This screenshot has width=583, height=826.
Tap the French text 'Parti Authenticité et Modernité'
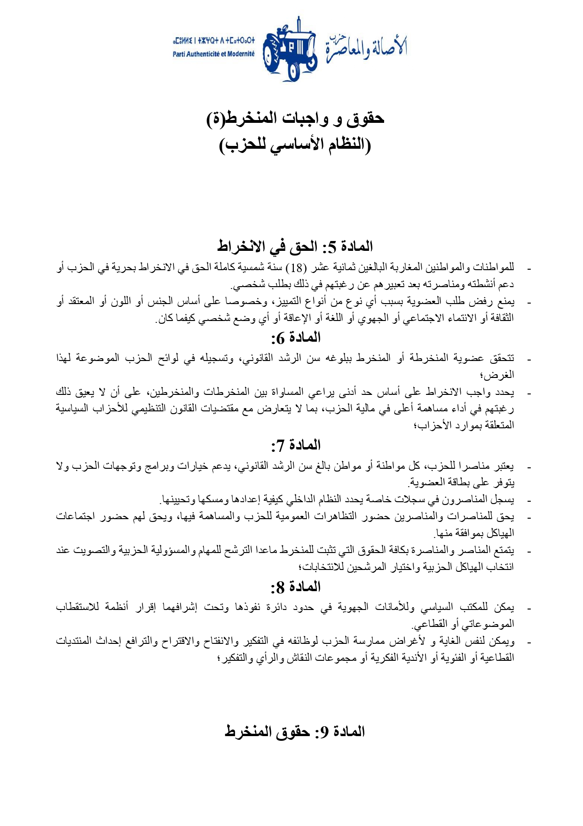[x=213, y=54]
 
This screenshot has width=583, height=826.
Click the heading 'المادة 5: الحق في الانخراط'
[x=295, y=246]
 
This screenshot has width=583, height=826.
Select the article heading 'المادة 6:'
[x=296, y=337]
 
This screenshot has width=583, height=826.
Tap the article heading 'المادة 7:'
[x=296, y=445]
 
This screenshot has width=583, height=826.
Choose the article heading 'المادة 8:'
[x=296, y=587]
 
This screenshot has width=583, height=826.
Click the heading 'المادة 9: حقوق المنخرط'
[x=295, y=731]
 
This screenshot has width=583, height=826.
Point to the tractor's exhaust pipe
[x=299, y=26]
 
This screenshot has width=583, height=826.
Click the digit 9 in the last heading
[x=323, y=732]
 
